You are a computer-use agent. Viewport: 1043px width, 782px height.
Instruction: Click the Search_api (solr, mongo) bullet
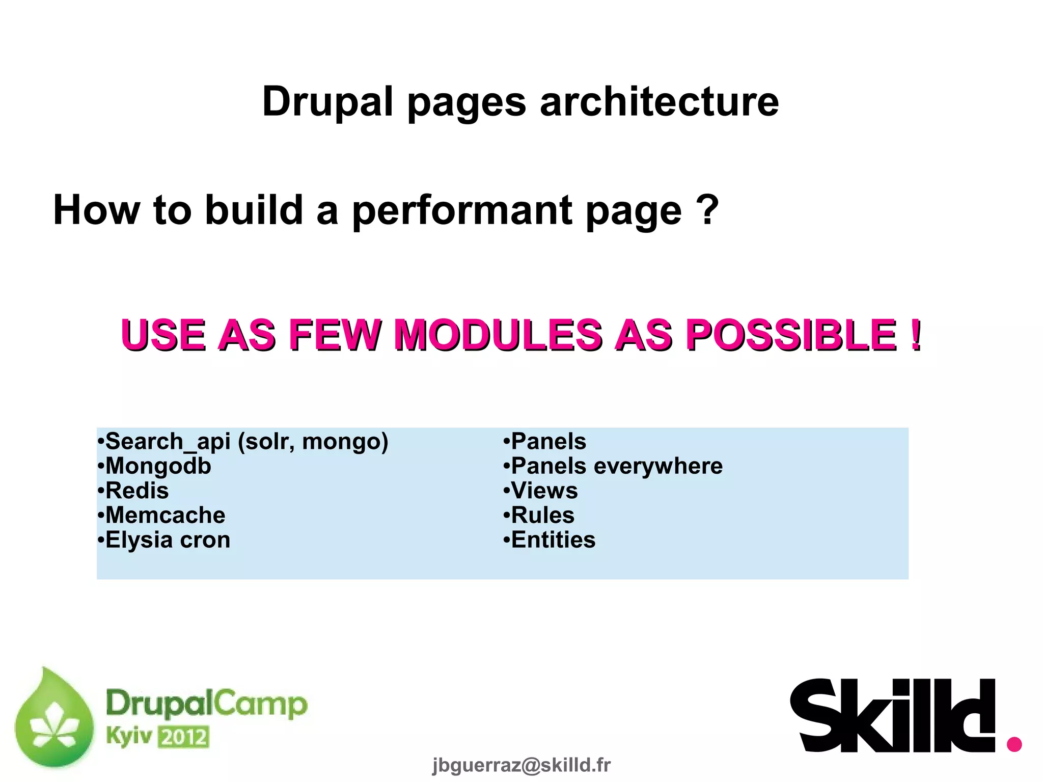[243, 441]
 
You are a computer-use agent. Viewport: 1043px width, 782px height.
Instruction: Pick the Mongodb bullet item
[154, 466]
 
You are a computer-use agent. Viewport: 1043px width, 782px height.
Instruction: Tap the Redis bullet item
[133, 491]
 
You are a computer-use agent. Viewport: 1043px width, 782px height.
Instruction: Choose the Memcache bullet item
[161, 515]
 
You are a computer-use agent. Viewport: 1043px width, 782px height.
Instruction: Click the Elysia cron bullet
[164, 540]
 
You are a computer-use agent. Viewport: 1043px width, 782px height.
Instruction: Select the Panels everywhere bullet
[613, 466]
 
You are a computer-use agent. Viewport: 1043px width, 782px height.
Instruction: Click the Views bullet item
[541, 491]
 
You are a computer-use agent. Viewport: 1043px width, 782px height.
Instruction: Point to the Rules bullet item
[539, 515]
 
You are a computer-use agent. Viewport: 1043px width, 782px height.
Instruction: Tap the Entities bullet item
[550, 540]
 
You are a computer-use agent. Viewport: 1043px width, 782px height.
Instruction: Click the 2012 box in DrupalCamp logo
[183, 737]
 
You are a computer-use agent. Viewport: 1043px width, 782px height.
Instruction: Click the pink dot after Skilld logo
[1014, 743]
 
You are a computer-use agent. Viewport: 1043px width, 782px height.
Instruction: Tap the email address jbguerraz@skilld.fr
[521, 765]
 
